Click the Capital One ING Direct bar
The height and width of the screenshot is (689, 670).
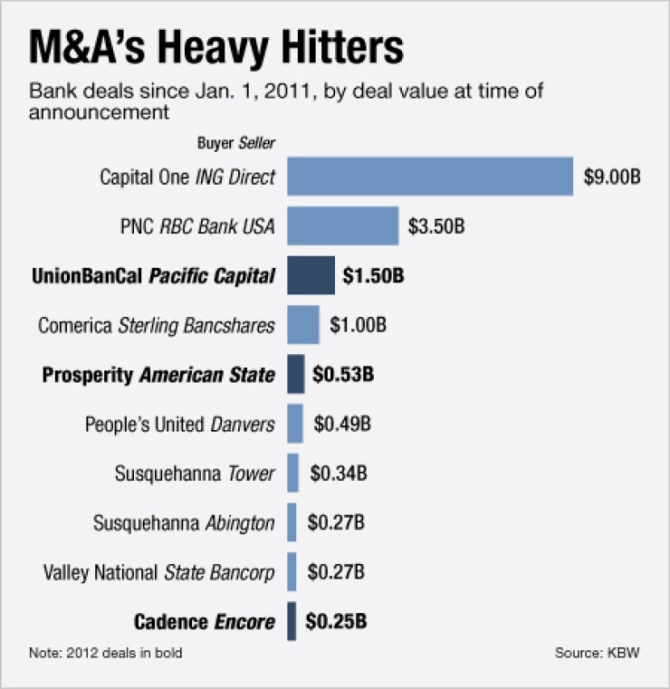point(430,177)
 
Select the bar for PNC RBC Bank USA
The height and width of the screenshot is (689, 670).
point(343,226)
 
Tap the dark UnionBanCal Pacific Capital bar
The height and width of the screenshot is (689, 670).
point(311,275)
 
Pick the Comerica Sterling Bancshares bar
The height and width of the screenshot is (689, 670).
point(303,325)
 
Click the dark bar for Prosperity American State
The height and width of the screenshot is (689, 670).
point(296,374)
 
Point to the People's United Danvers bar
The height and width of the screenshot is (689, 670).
point(295,424)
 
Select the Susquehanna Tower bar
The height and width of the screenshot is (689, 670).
point(293,473)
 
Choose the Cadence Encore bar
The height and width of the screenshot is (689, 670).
point(292,621)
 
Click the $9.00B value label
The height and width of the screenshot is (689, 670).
point(612,177)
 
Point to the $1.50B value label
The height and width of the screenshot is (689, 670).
point(373,275)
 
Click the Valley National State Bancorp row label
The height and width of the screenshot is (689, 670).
point(159,572)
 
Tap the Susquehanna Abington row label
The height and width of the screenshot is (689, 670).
point(184,522)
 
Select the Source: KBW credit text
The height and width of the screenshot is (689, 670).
point(597,652)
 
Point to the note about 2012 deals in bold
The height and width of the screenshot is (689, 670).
point(110,652)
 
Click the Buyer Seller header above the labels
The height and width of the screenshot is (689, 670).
point(236,142)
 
